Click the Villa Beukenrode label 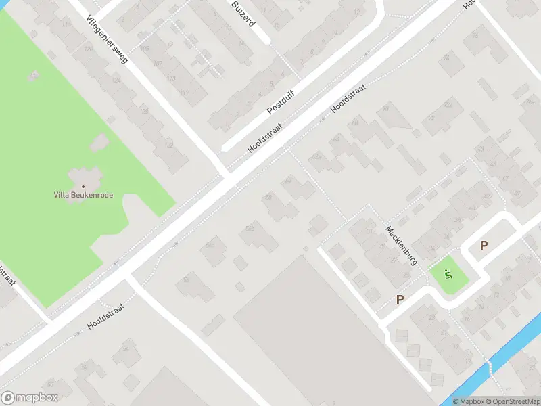click(x=83, y=195)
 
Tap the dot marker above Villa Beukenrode click(x=84, y=185)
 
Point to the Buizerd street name click(x=242, y=12)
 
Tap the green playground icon click(x=446, y=275)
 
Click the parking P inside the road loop click(x=483, y=246)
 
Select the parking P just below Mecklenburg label click(x=400, y=299)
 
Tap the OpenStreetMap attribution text click(x=517, y=401)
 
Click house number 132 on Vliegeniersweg click(x=169, y=144)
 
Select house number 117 click(x=185, y=93)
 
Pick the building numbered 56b click(x=250, y=229)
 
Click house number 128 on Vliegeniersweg click(x=143, y=111)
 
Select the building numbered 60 click(x=289, y=180)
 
